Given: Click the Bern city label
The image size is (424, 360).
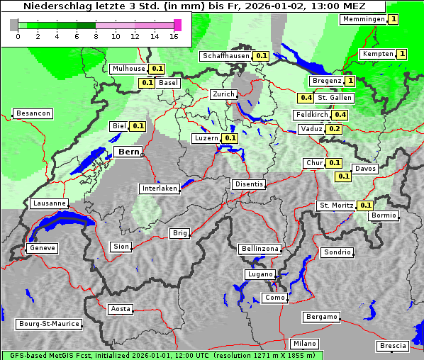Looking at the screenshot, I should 128,152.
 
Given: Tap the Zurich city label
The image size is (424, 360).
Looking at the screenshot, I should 223,94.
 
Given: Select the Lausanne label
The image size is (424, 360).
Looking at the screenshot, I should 50,203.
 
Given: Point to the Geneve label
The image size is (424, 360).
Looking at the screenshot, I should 43,248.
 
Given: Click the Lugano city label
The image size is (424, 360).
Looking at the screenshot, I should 260,274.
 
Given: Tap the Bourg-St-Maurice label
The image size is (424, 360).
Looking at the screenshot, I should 49,325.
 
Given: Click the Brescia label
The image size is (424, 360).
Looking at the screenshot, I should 393,346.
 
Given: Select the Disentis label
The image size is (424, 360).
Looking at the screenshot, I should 248,184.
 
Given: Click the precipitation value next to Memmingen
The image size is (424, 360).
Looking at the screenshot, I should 393,19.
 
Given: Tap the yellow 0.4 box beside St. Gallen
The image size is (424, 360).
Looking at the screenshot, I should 306,98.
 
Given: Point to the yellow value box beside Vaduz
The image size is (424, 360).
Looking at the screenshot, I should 335,129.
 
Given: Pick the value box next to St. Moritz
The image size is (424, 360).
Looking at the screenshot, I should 366,206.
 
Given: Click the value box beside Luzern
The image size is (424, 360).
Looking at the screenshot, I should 230,138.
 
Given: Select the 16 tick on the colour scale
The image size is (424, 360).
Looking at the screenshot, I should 174,35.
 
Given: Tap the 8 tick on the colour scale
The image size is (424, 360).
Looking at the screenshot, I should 95,35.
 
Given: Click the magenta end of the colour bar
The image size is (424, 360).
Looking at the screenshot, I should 177,25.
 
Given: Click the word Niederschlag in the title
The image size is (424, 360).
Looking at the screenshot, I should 52,6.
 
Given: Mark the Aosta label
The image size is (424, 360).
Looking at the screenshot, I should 121,309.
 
